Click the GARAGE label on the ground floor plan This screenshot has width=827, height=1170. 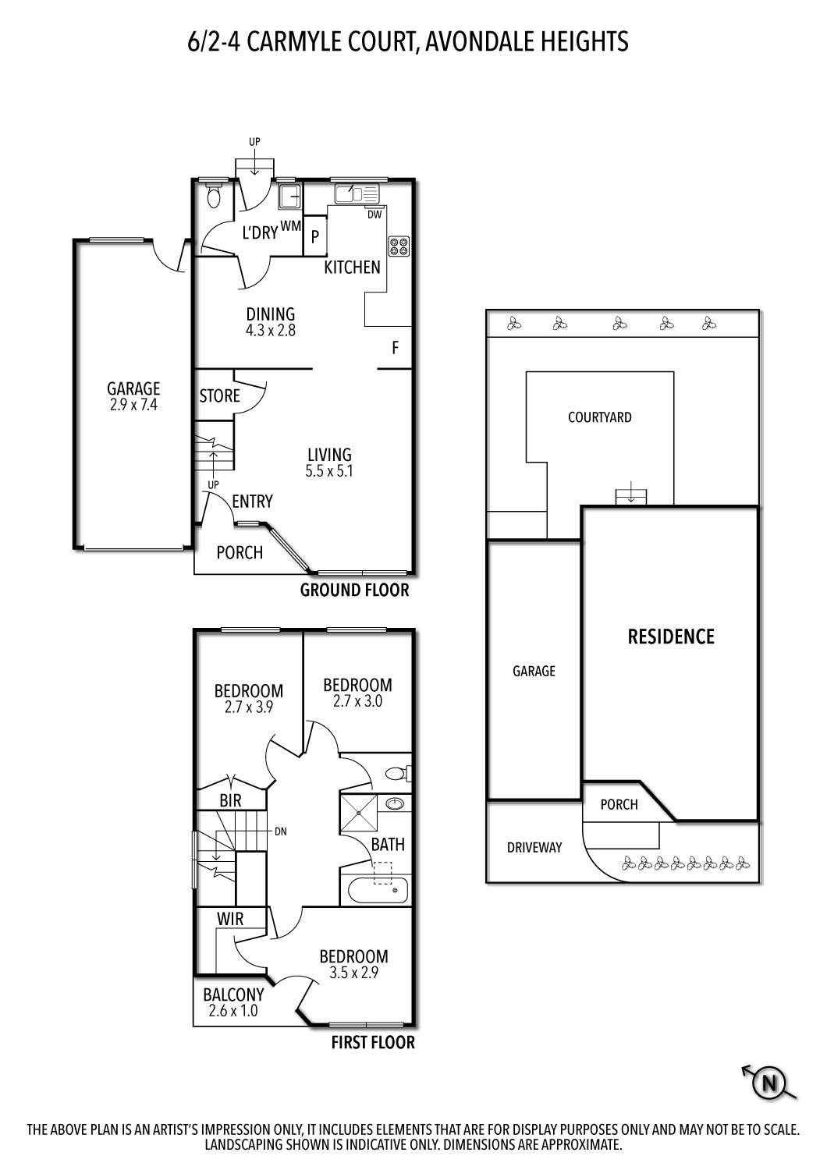[133, 388]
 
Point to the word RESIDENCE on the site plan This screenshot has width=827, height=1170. [671, 636]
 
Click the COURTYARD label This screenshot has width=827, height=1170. [599, 417]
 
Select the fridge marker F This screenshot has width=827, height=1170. [396, 348]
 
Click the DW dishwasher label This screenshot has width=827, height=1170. [374, 214]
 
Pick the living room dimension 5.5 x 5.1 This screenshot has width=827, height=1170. [329, 471]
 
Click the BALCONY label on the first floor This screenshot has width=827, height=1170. [233, 994]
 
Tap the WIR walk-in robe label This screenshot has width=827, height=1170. [230, 919]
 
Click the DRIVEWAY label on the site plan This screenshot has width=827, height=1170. [534, 847]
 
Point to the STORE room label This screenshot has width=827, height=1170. [219, 395]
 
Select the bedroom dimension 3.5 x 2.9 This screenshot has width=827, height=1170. [353, 973]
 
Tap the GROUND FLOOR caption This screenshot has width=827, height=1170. [354, 590]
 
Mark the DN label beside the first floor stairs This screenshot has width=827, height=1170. [281, 831]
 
